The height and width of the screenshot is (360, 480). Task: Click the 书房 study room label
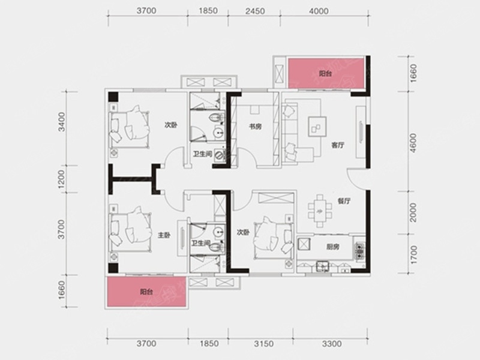pyautogui.click(x=255, y=126)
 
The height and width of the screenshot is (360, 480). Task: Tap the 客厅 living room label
pyautogui.click(x=338, y=145)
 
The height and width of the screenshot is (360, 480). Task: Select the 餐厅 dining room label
pyautogui.click(x=344, y=201)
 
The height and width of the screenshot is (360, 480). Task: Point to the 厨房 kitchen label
pyautogui.click(x=333, y=247)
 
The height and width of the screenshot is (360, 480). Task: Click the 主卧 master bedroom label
pyautogui.click(x=164, y=235)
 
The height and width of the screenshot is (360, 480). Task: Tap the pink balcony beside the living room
pyautogui.click(x=326, y=73)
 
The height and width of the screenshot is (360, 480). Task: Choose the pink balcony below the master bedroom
pyautogui.click(x=146, y=292)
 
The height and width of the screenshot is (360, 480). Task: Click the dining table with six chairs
pyautogui.click(x=320, y=211)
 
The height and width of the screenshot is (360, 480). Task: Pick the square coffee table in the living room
pyautogui.click(x=317, y=126)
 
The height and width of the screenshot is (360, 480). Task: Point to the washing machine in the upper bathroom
pyautogui.click(x=220, y=155)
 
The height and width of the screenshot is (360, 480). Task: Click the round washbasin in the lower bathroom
pyautogui.click(x=218, y=232)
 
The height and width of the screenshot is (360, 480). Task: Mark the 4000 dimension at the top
pyautogui.click(x=319, y=11)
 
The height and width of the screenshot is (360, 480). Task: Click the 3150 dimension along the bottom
pyautogui.click(x=264, y=343)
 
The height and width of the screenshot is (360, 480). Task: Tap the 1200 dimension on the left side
pyautogui.click(x=62, y=179)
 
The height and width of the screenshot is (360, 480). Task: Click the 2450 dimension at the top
pyautogui.click(x=255, y=11)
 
